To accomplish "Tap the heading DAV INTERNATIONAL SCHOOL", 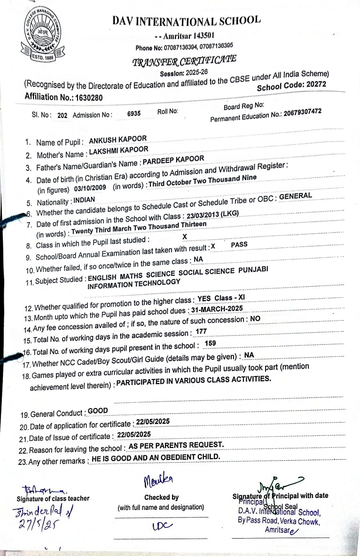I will coord(186,21).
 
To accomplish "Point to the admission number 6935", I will coord(134,114).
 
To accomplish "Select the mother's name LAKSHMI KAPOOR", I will coord(118,150).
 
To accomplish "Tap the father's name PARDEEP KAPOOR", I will coord(173,160).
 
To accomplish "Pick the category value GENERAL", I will coord(296,196).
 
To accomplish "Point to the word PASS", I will coord(239,245).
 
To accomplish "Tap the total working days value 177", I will coord(202,332).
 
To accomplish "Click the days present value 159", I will coord(211,343).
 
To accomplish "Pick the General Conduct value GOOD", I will coord(98,411).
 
